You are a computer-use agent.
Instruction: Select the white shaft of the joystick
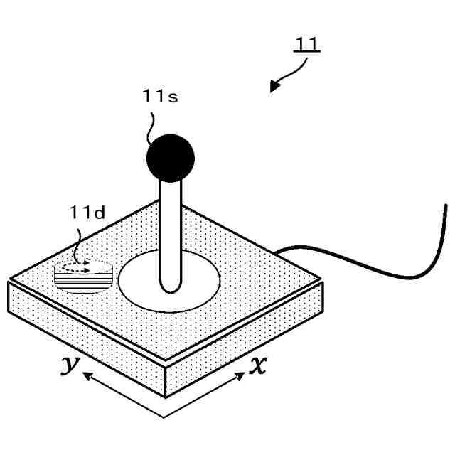point(171,227)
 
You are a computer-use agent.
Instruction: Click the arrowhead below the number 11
point(274,87)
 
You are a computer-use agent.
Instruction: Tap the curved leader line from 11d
point(78,242)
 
